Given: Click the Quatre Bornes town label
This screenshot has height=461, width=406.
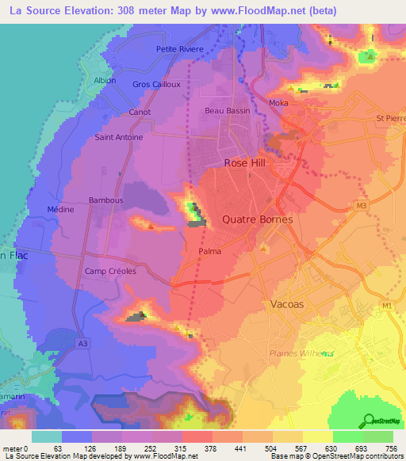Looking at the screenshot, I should pyautogui.click(x=258, y=219).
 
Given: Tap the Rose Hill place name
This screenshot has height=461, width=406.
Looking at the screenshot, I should pyautogui.click(x=247, y=162).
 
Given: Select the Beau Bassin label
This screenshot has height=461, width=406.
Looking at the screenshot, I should pyautogui.click(x=228, y=111).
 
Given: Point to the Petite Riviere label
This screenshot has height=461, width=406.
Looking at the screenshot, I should pyautogui.click(x=180, y=49).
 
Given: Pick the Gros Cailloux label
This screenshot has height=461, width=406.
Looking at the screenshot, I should pyautogui.click(x=157, y=84).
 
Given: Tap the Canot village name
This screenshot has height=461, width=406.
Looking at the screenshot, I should pyautogui.click(x=140, y=112).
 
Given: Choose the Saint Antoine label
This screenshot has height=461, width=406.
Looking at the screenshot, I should pyautogui.click(x=119, y=137).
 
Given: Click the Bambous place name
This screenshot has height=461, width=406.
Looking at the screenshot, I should pyautogui.click(x=105, y=200).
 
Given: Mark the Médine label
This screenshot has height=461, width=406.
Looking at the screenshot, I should pyautogui.click(x=60, y=210).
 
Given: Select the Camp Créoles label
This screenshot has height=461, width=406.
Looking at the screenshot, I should pyautogui.click(x=111, y=271).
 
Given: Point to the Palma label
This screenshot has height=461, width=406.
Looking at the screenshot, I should pyautogui.click(x=209, y=251).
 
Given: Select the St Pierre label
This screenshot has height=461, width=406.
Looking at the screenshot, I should pyautogui.click(x=391, y=119).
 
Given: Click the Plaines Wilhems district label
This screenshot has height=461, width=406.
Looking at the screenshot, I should pyautogui.click(x=301, y=352).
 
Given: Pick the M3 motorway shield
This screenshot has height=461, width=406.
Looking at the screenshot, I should pyautogui.click(x=362, y=207).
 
